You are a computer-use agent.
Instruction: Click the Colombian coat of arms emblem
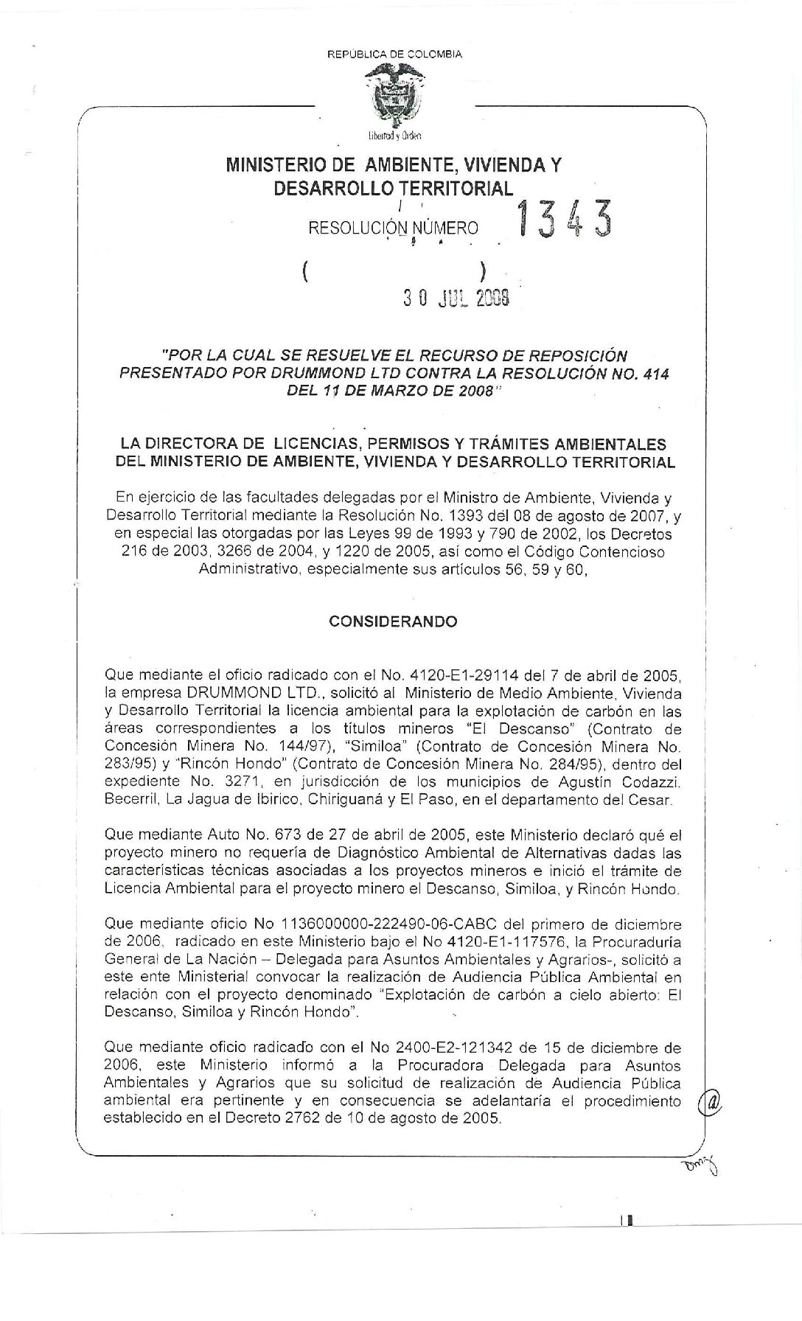click(396, 97)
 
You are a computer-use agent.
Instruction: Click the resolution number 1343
click(564, 220)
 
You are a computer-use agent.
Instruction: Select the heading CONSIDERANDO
click(393, 621)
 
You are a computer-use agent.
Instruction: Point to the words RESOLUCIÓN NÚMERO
click(393, 229)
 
